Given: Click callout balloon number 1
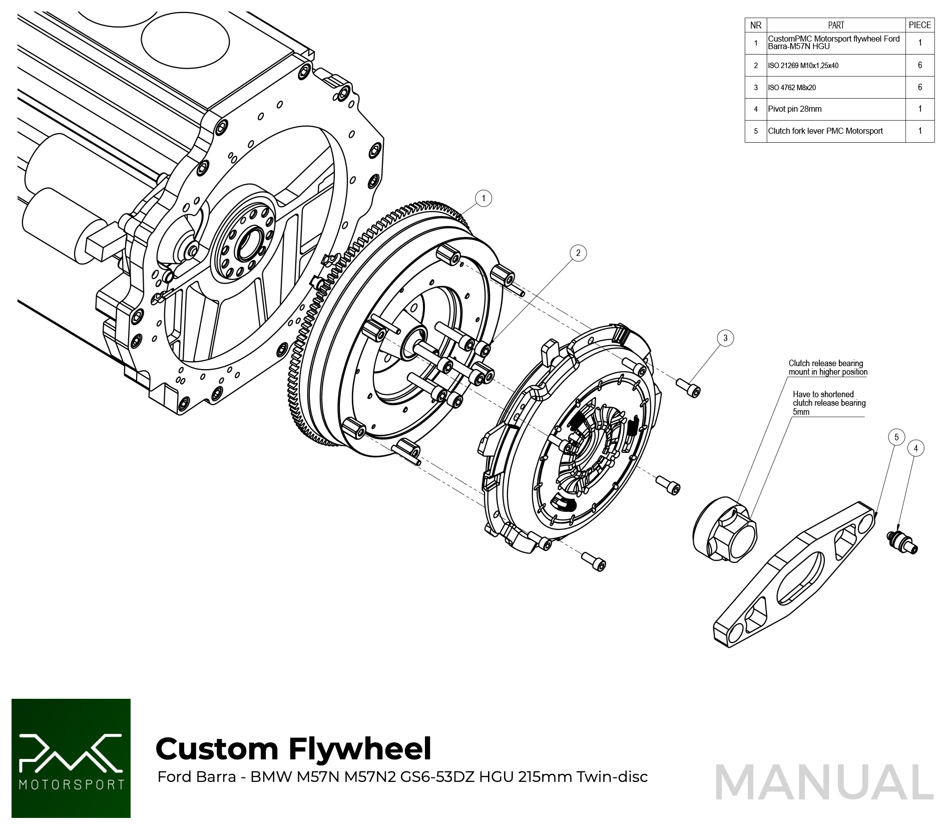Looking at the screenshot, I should pyautogui.click(x=483, y=198).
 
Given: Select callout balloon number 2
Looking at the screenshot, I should pyautogui.click(x=578, y=253).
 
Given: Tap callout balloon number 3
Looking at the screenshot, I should pyautogui.click(x=725, y=338).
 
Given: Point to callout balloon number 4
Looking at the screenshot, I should pyautogui.click(x=916, y=448).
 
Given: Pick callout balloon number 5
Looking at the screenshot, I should pyautogui.click(x=896, y=437).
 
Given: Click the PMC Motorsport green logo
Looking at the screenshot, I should pyautogui.click(x=71, y=758).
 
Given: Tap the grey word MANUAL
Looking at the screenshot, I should pyautogui.click(x=824, y=782).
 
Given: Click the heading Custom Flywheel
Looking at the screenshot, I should pyautogui.click(x=293, y=749).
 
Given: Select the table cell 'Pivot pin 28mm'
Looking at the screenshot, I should pyautogui.click(x=835, y=109).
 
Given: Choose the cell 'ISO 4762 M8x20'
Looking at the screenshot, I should pyautogui.click(x=835, y=88).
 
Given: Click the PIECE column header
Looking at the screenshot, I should pyautogui.click(x=919, y=25).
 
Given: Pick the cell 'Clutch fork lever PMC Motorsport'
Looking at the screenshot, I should pyautogui.click(x=835, y=131).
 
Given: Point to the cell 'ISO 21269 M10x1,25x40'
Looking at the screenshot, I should pyautogui.click(x=835, y=66).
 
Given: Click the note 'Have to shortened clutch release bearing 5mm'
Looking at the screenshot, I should pyautogui.click(x=828, y=403).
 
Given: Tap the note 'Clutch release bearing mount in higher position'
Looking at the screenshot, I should pyautogui.click(x=827, y=368).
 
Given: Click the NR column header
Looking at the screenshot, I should pyautogui.click(x=756, y=25).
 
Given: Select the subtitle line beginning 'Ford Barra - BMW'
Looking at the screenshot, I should pyautogui.click(x=402, y=777).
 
